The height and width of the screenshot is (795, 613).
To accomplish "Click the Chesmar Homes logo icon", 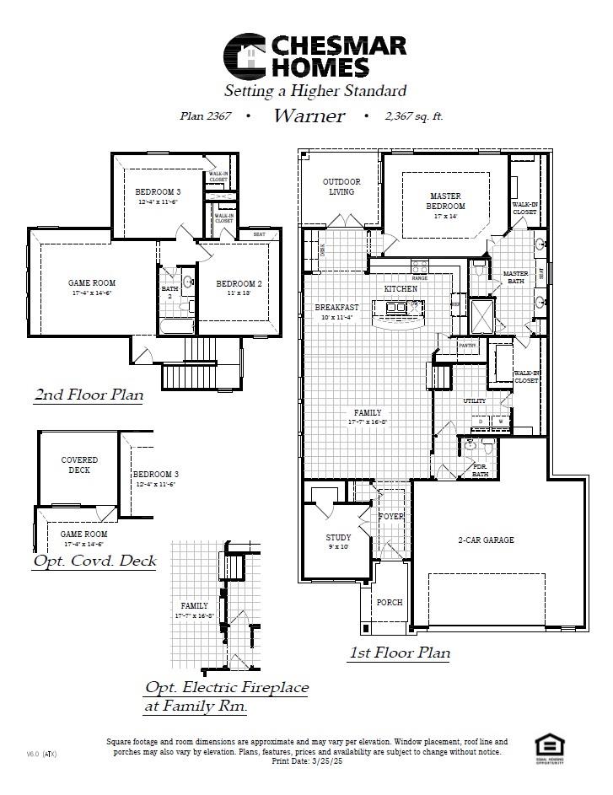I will [x=244, y=56].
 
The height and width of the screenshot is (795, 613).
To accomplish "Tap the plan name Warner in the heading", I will [x=309, y=116].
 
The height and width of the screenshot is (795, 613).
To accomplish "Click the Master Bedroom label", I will [x=445, y=201].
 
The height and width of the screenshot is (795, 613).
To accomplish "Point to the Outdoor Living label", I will [x=341, y=186].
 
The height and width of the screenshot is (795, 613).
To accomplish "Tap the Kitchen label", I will [x=401, y=288].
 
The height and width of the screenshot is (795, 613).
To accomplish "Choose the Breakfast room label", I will [x=336, y=308].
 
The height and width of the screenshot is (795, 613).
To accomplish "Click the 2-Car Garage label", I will [x=486, y=540].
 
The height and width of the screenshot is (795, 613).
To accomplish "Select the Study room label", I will [x=338, y=538].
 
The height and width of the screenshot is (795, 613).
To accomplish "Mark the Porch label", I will [x=389, y=602].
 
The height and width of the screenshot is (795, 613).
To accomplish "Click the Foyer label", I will [x=390, y=516].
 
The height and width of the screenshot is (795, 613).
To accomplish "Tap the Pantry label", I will [x=467, y=345].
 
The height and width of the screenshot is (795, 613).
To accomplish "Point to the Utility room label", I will [x=474, y=401].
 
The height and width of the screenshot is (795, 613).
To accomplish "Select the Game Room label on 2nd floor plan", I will [x=92, y=283].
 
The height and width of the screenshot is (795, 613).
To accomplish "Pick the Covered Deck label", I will [x=79, y=465].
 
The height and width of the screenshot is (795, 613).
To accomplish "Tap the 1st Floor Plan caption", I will [x=399, y=652].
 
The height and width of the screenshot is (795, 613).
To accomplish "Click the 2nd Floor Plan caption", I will [x=89, y=394].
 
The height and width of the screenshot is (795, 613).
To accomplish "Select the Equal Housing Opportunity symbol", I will [x=549, y=745].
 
